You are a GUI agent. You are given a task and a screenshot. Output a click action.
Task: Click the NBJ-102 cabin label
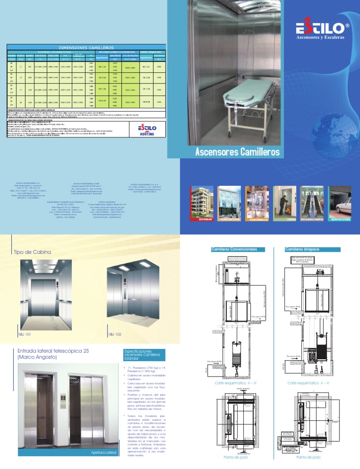coord(115,334)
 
